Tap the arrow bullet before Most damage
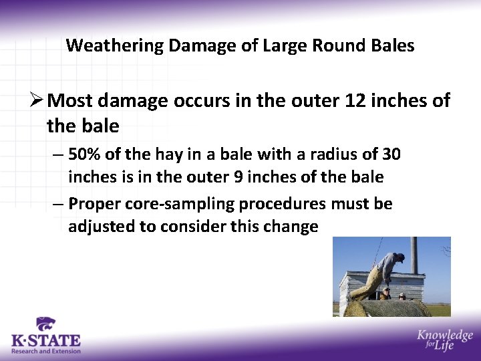(37, 101)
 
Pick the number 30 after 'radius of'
(391, 154)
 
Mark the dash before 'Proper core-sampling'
(58, 203)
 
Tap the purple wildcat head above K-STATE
(45, 324)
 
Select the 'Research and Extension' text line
(45, 351)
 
